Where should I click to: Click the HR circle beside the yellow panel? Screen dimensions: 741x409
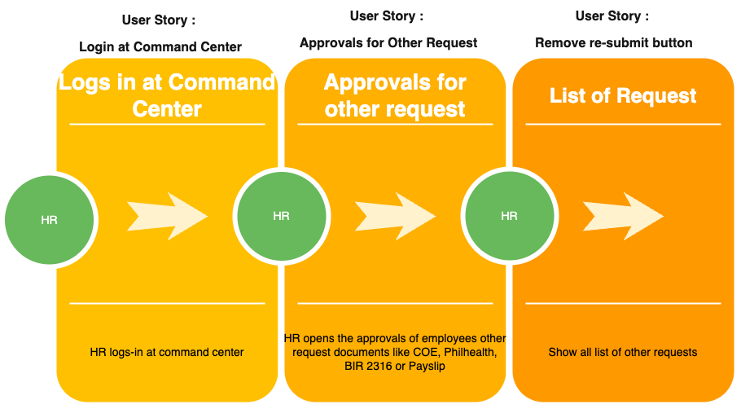click(49, 220)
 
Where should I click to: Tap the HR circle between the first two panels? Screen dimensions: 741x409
click(282, 216)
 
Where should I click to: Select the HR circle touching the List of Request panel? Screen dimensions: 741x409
click(510, 216)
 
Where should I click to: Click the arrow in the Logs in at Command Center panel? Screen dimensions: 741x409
click(167, 216)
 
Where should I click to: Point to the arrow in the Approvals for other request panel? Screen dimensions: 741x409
click(395, 216)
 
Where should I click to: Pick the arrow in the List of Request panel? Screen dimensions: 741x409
click(623, 216)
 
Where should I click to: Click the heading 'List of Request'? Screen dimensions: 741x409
click(623, 96)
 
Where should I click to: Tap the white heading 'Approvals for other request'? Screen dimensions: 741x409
click(395, 95)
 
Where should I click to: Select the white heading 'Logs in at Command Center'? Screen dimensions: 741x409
click(167, 95)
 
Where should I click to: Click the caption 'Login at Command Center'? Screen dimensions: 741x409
click(160, 46)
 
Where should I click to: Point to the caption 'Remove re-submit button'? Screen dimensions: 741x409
click(613, 43)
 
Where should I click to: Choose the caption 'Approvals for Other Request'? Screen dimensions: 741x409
click(388, 43)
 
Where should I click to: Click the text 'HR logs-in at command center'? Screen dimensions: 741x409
click(167, 352)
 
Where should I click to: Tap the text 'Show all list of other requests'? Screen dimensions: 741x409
click(623, 352)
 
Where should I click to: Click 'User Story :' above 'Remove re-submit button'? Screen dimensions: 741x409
click(612, 16)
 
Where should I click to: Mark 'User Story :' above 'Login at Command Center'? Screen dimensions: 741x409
click(159, 20)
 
